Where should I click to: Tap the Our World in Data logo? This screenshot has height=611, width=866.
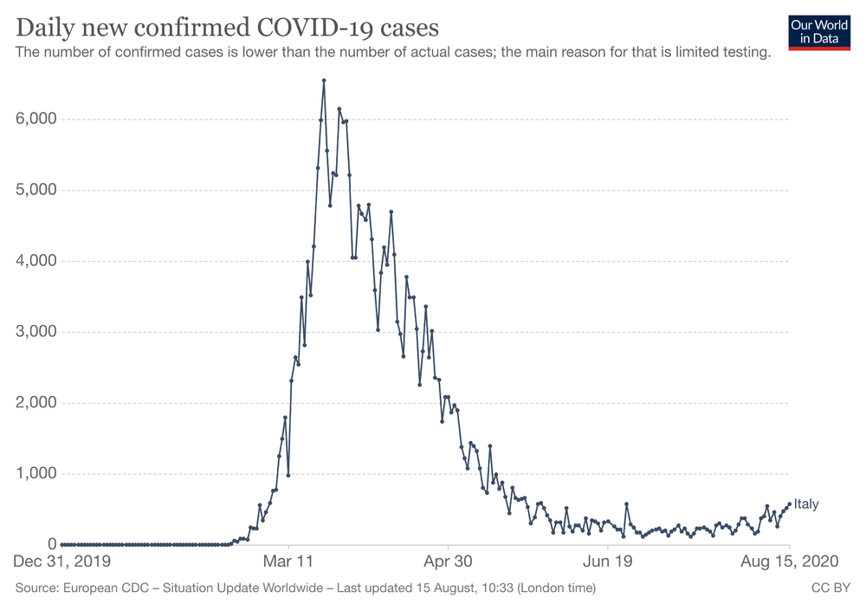(819, 32)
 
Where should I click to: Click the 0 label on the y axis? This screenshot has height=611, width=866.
(52, 545)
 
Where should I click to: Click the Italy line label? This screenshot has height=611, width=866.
(806, 504)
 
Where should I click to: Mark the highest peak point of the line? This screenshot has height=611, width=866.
(324, 81)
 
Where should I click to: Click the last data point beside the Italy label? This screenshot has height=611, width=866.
(789, 504)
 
